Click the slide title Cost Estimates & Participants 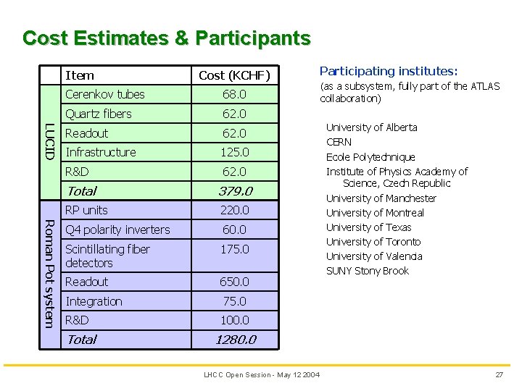(x=167, y=38)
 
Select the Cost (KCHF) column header (x=233, y=75)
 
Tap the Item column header (x=80, y=75)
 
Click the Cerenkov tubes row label (x=105, y=94)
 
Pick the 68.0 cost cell (x=234, y=94)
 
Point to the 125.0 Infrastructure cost (x=234, y=152)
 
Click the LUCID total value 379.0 (x=234, y=191)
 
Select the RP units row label (x=86, y=210)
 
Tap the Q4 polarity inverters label (x=117, y=230)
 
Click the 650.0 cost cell (x=234, y=282)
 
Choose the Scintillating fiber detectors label (x=107, y=256)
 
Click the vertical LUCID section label (x=49, y=143)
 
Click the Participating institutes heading (x=389, y=71)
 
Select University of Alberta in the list (x=371, y=127)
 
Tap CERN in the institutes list (x=339, y=142)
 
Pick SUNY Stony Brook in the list (x=368, y=271)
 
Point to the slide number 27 (x=499, y=374)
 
